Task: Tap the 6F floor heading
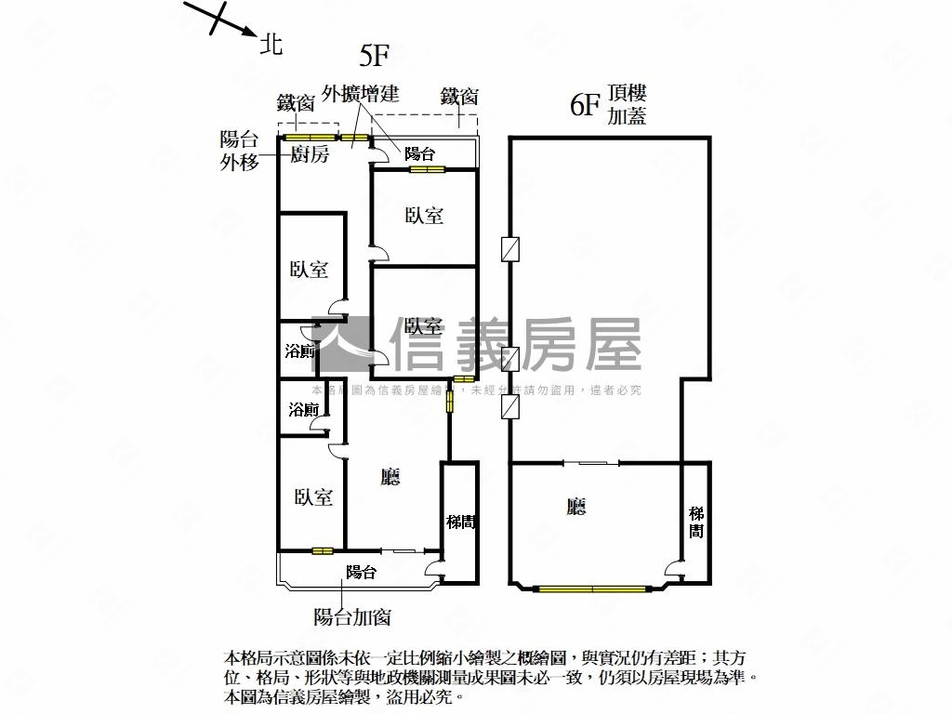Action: pos(584,104)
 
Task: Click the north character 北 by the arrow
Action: pos(271,43)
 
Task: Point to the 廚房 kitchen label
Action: pos(310,155)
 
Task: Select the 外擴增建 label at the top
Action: pos(361,94)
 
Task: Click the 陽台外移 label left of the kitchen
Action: pos(239,150)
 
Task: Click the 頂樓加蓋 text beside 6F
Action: pos(627,104)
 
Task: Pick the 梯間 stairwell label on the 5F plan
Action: pos(461,522)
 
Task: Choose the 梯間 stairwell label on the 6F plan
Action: pos(696,522)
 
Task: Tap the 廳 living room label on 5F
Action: pos(391,477)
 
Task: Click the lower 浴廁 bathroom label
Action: pos(304,409)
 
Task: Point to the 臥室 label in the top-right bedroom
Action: pos(424,216)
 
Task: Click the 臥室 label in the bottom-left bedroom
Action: pos(314,497)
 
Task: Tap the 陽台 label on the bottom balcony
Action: pos(361,573)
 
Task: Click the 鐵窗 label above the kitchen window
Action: pos(296,102)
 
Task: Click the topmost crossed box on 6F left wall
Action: pos(509,249)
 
